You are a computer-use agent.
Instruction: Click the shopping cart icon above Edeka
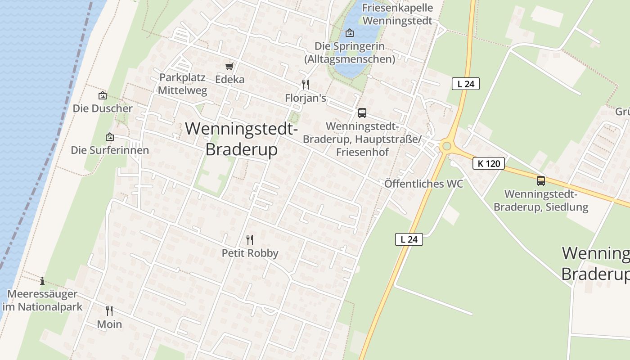point(229,67)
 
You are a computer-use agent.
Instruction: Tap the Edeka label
point(230,80)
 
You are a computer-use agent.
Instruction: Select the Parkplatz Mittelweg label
point(182,84)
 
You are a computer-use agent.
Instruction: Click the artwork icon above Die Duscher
point(103,95)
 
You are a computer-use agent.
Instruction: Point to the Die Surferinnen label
point(110,150)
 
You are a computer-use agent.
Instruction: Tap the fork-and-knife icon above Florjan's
point(306,85)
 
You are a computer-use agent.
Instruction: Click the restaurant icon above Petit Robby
point(250,240)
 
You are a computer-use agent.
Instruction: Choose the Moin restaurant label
point(109,324)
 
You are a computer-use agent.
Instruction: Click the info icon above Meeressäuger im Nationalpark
point(42,281)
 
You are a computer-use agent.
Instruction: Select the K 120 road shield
point(489,163)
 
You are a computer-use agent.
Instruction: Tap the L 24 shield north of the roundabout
point(466,84)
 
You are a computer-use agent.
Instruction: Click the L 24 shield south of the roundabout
point(409,239)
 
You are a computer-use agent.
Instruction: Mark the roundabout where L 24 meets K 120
point(446,146)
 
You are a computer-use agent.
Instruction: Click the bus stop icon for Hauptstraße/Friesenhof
point(362,113)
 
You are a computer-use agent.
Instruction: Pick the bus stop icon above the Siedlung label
point(541,181)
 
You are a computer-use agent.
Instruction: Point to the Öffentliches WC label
point(423,184)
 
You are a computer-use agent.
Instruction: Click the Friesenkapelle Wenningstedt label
point(397,14)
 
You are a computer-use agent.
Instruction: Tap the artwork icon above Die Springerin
point(349,33)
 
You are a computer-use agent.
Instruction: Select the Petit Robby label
point(250,253)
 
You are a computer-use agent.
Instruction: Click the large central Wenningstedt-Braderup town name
point(242,139)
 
